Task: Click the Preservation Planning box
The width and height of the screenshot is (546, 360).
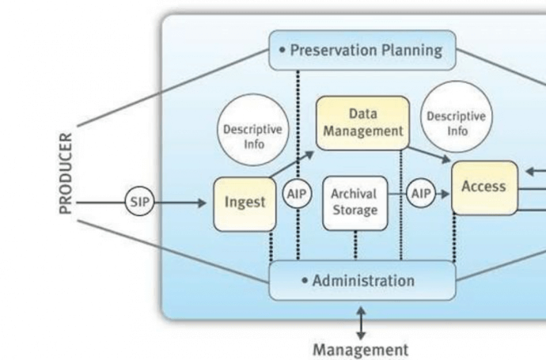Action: point(363,50)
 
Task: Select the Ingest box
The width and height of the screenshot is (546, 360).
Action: point(244,203)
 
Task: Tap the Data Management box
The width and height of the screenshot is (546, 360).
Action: point(363,123)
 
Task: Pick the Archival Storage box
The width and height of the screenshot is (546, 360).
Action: point(355,203)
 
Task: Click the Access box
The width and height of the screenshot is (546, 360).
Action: point(484,188)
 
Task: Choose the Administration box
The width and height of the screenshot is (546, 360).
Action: point(362,281)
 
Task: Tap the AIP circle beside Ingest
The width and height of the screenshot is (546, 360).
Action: point(297,195)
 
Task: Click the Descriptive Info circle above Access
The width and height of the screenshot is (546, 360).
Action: point(456,123)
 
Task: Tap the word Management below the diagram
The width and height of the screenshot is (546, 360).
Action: point(361,349)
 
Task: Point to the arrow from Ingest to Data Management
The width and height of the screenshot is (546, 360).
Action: point(290,164)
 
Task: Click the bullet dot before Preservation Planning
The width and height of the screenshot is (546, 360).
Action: point(282,50)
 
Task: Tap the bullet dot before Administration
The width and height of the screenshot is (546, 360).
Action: point(304,281)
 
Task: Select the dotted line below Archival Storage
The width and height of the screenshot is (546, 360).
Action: point(355,245)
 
